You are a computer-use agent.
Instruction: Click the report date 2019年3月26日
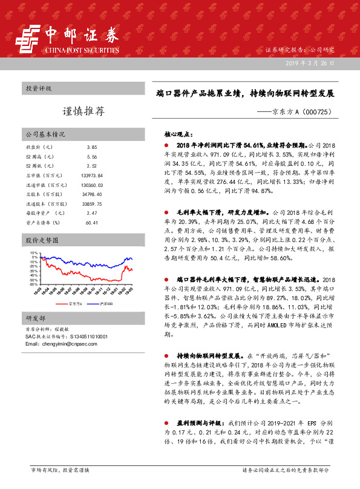[314, 63]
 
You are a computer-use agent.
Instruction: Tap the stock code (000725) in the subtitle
[315, 112]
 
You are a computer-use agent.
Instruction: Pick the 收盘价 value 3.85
[92, 147]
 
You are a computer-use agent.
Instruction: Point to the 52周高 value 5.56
[92, 156]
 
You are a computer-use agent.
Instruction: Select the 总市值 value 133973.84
[92, 175]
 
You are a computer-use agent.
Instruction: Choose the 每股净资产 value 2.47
[92, 213]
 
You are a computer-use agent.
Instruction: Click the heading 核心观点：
[178, 134]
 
